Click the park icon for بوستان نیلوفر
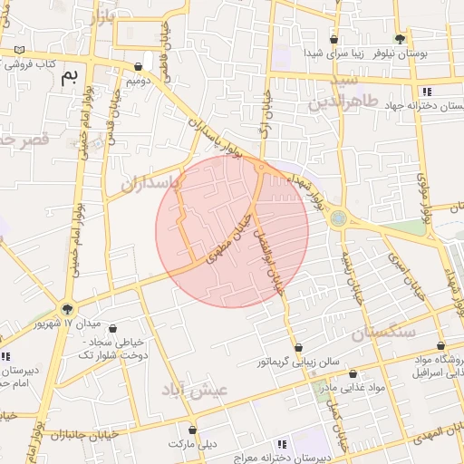pos(400,39)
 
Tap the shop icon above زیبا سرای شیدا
pos(333,40)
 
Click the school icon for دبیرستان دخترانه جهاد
pos(426,92)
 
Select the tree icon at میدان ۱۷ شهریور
pos(66,309)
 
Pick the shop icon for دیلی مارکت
pos(192,430)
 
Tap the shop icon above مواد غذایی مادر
pos(353,374)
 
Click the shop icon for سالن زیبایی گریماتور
pos(297,347)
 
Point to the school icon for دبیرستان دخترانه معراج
pos(282,444)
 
